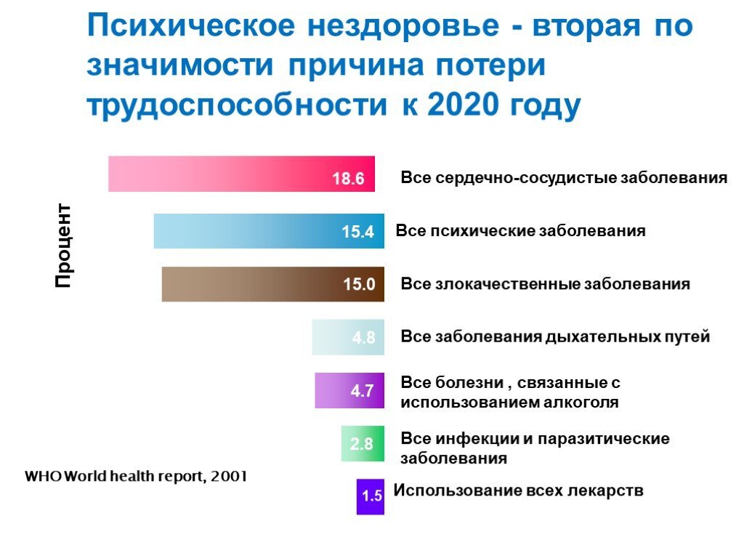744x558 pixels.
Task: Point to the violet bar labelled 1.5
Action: click(370, 496)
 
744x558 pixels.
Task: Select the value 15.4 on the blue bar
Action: click(357, 232)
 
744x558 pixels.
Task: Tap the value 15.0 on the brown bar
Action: click(359, 285)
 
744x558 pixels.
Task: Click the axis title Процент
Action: click(64, 246)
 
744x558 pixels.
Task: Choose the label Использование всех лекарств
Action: click(518, 490)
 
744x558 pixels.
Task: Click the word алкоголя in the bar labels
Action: click(582, 402)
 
